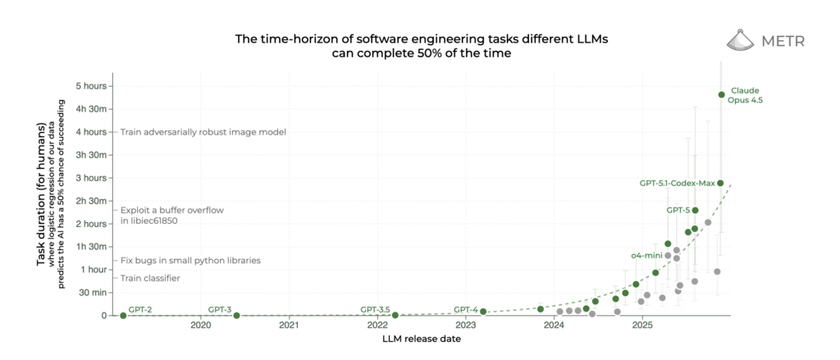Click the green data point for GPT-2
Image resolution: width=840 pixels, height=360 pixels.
click(123, 316)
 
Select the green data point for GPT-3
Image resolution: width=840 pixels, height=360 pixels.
click(236, 316)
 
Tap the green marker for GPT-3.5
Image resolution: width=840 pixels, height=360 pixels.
click(395, 315)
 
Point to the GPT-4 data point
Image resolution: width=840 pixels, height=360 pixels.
click(483, 312)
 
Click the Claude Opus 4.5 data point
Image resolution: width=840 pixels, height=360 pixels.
click(721, 95)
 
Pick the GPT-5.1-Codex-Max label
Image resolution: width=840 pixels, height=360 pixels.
click(677, 183)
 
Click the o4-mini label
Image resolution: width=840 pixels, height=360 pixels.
click(646, 256)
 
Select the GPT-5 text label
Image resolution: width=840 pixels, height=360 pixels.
click(678, 211)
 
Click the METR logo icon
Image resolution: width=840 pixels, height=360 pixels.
click(742, 40)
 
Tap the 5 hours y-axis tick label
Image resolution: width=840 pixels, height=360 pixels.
click(91, 86)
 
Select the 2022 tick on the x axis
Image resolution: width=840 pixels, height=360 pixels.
click(377, 326)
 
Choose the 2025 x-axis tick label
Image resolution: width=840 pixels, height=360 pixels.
click(642, 326)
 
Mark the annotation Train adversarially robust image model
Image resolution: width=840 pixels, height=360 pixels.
click(203, 132)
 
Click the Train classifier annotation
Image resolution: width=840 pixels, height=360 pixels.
click(150, 278)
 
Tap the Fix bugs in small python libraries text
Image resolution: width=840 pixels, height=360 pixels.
click(190, 260)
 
